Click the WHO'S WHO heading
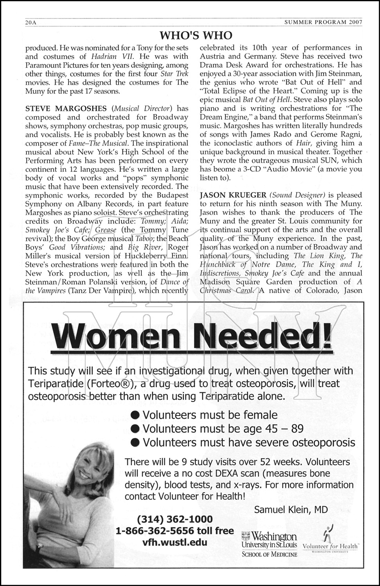pos(196,36)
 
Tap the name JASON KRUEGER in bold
pos(227,195)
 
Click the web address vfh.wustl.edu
pos(175,542)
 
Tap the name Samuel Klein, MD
pos(291,509)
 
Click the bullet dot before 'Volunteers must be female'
pos(135,415)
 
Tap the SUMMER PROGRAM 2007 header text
pos(323,23)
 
